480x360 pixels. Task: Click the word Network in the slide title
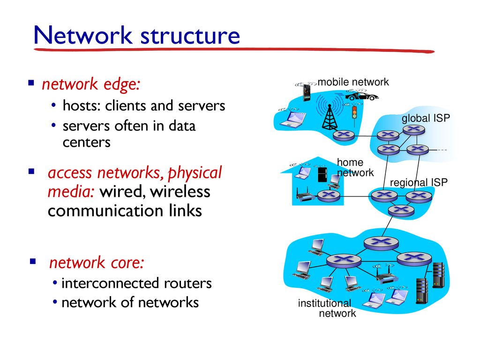point(82,35)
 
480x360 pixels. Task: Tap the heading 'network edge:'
point(91,85)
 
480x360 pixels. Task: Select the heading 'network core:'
point(97,262)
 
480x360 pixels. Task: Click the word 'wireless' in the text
point(180,192)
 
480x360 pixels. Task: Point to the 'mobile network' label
point(353,82)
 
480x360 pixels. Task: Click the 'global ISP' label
point(426,118)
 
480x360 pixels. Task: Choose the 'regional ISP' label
point(419,182)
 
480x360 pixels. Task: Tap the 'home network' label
point(355,167)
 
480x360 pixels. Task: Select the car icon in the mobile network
point(361,96)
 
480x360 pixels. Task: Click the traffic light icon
point(354,115)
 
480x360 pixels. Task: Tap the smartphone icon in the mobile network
point(307,93)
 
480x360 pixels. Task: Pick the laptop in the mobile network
point(293,120)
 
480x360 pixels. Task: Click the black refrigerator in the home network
point(322,174)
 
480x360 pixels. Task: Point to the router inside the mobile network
point(343,135)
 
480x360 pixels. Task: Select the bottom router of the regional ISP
point(401,210)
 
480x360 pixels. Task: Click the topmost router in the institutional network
point(381,243)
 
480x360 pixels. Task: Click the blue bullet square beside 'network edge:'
point(31,83)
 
